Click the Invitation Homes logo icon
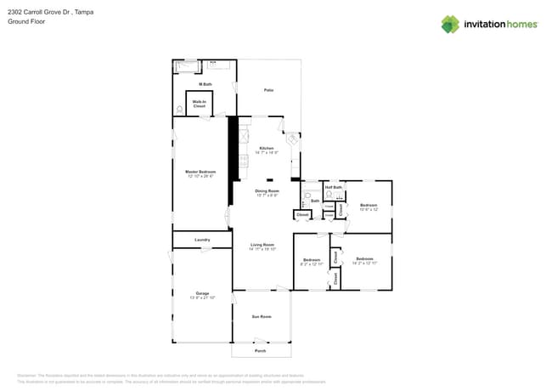450,24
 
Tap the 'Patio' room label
268,89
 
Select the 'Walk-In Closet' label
199,104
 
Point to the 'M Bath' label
205,84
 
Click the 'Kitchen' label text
267,148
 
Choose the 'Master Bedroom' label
201,171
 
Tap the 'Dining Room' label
267,191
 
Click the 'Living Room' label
262,245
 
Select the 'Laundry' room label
202,240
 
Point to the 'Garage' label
202,293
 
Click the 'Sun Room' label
262,316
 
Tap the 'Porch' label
261,350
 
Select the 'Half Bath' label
333,187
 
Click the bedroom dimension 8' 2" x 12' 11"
312,264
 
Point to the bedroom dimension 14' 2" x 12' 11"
364,263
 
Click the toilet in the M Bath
179,110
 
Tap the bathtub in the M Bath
186,65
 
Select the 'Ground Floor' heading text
26,22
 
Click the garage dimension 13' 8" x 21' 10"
202,298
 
